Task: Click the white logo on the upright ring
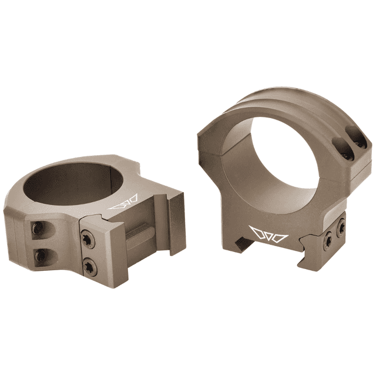coord(268,233)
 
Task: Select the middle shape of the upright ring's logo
coord(268,234)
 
